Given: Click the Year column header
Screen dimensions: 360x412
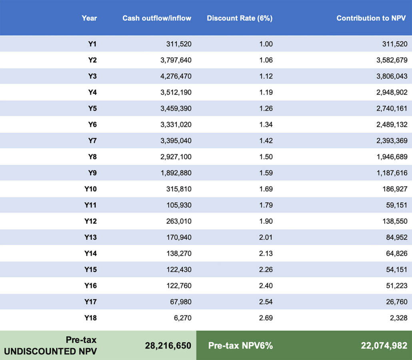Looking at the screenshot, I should click(89, 18).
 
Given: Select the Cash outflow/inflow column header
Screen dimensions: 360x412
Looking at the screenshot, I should click(157, 18).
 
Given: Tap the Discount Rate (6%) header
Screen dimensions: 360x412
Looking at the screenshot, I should click(240, 18).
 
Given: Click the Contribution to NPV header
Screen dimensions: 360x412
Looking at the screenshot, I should click(372, 18).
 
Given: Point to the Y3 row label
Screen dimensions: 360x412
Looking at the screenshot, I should click(92, 76).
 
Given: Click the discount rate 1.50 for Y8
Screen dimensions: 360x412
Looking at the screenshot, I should click(266, 157).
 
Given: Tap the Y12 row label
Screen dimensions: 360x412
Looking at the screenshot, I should click(90, 221).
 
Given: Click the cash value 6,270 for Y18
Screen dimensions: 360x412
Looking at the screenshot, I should click(182, 318).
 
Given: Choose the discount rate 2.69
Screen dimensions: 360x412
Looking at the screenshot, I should click(266, 318).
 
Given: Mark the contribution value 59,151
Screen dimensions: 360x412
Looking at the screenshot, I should click(396, 205).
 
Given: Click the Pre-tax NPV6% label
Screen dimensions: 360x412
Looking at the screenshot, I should click(240, 345).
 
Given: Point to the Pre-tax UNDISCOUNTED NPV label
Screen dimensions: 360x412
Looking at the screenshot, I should click(50, 345).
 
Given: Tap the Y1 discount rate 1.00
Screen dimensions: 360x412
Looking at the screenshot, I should click(266, 44).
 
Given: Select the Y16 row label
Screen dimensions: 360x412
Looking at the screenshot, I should click(90, 286).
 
